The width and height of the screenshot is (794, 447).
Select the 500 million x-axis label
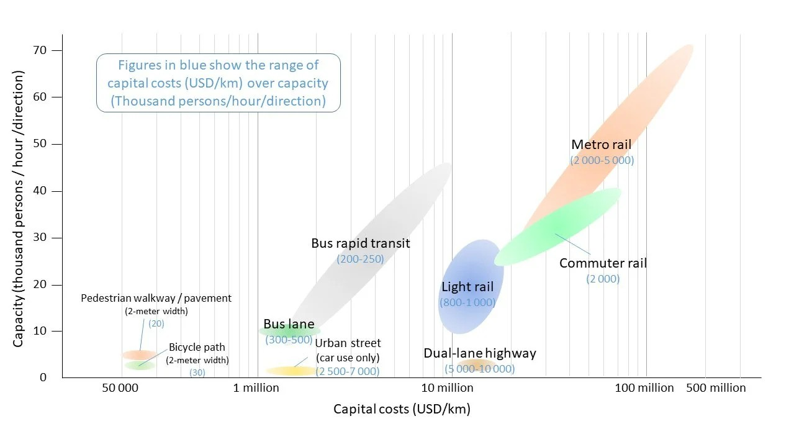pyautogui.click(x=716, y=388)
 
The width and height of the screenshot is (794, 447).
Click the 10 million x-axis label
pyautogui.click(x=447, y=388)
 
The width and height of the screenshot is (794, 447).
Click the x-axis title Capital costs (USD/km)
pyautogui.click(x=402, y=409)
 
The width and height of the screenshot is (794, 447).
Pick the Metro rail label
pyautogui.click(x=601, y=145)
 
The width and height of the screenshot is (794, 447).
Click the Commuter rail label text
pyautogui.click(x=603, y=263)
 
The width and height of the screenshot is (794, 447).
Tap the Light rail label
pyautogui.click(x=467, y=287)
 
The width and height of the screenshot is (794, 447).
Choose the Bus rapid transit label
pyautogui.click(x=361, y=243)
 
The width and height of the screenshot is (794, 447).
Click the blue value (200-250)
pyautogui.click(x=360, y=259)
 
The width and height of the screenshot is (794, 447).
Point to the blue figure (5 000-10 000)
pyautogui.click(x=479, y=369)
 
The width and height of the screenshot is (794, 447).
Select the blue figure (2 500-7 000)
pyautogui.click(x=347, y=371)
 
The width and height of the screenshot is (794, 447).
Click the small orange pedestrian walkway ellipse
pyautogui.click(x=138, y=354)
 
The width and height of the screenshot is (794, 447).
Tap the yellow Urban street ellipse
pyautogui.click(x=291, y=371)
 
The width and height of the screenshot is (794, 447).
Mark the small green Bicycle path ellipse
pyautogui.click(x=140, y=365)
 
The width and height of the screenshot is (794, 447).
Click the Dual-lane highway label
pyautogui.click(x=480, y=353)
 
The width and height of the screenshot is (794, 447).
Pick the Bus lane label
pyautogui.click(x=289, y=324)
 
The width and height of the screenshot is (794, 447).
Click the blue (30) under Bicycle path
pyautogui.click(x=197, y=372)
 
